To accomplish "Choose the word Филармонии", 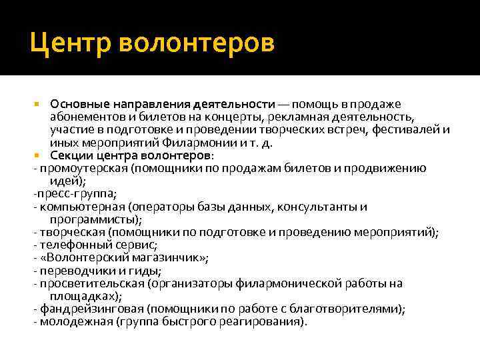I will pyautogui.click(x=205, y=142).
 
